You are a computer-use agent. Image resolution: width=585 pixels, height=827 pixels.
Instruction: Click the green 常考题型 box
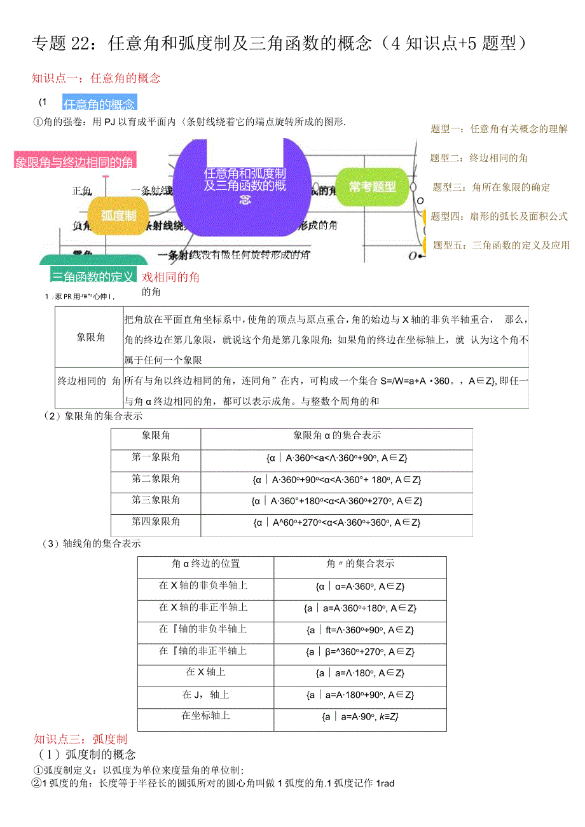coord(372,187)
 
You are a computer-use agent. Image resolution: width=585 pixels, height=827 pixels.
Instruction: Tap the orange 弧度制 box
coord(118,216)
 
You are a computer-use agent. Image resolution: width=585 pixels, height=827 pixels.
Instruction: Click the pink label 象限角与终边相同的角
coord(74,162)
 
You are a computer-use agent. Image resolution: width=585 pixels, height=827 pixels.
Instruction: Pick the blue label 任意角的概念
coord(99,104)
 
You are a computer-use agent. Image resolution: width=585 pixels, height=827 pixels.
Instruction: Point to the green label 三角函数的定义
coord(93,277)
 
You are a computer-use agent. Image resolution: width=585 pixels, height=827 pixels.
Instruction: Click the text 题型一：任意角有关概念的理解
coord(499,129)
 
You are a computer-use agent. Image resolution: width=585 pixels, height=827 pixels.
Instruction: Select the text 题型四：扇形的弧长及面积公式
coord(499,216)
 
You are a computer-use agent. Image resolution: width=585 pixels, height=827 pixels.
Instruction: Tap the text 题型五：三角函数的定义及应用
coord(501,245)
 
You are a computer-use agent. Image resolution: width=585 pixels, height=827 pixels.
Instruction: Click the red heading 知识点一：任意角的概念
coord(96,78)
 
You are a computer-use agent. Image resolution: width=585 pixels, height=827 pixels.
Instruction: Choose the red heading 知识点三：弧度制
coord(81,739)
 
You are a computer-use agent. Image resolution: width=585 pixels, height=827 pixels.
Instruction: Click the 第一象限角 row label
coord(156,457)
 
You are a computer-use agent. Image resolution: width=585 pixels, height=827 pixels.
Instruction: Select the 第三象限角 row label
coord(156,500)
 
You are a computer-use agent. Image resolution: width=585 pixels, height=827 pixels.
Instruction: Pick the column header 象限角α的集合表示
coord(336,435)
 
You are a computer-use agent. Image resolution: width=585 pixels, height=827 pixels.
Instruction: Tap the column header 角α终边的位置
coord(205,564)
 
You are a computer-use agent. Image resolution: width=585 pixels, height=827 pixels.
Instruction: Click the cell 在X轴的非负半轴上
coord(203,585)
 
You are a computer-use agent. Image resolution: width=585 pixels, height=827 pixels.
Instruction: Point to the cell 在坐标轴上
coord(205,716)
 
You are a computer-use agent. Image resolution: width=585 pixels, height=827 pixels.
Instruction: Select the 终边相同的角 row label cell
coord(89,381)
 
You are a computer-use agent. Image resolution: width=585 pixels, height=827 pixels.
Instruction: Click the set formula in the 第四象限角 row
coord(336,523)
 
